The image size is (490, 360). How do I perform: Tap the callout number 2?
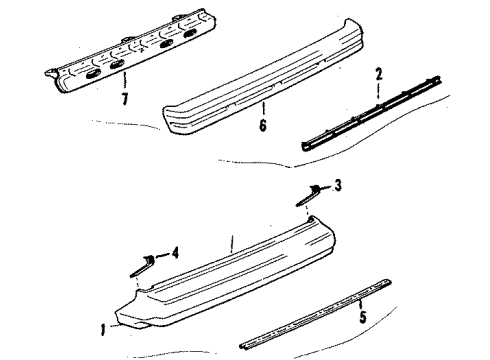click(x=380, y=74)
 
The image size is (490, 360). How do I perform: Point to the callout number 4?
click(x=176, y=253)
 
